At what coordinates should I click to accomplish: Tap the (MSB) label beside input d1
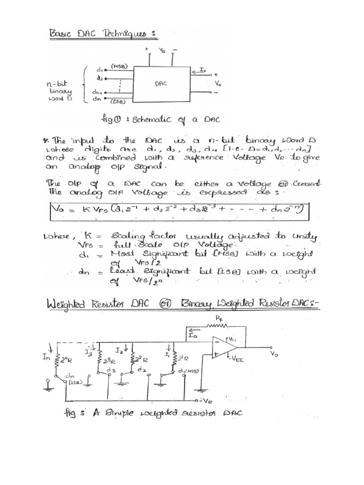tap(118, 67)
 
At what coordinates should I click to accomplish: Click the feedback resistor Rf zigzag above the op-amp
tap(215, 326)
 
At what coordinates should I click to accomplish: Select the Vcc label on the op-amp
tap(233, 340)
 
